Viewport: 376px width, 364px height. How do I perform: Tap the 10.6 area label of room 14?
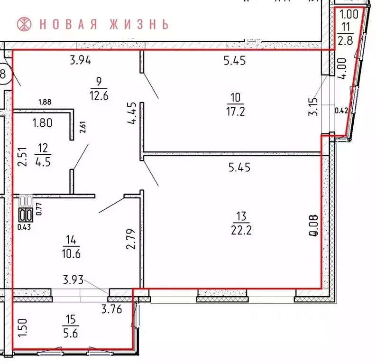71,253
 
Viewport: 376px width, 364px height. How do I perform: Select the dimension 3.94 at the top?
80,60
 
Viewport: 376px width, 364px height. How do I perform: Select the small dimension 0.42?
341,111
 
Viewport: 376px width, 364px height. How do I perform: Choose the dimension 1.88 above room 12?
46,101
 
